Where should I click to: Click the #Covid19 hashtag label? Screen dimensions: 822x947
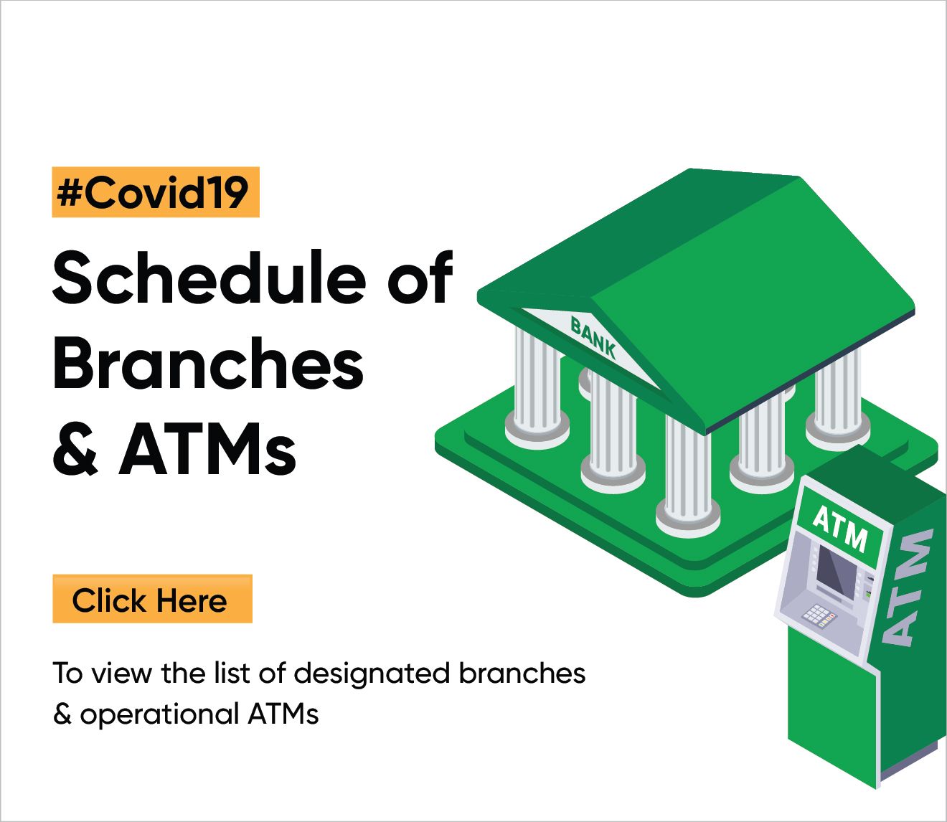pyautogui.click(x=155, y=192)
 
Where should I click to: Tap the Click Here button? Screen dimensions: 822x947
pyautogui.click(x=151, y=600)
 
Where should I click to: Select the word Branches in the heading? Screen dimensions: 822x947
pyautogui.click(x=208, y=364)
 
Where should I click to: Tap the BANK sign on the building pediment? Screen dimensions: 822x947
pyautogui.click(x=593, y=337)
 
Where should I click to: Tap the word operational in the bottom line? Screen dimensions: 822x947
pyautogui.click(x=159, y=714)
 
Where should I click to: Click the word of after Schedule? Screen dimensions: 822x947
pyautogui.click(x=420, y=278)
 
